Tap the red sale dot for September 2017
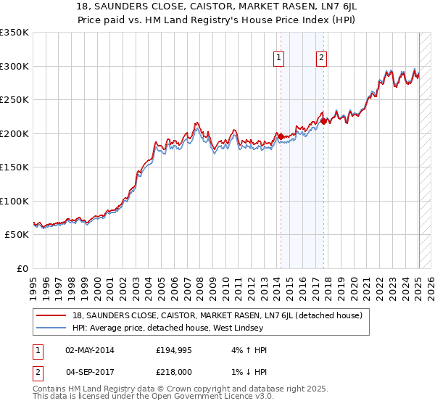coord(324,120)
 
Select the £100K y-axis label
coord(14,201)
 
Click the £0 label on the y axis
coord(21,268)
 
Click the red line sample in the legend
coord(51,315)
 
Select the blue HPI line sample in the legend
coord(51,328)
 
